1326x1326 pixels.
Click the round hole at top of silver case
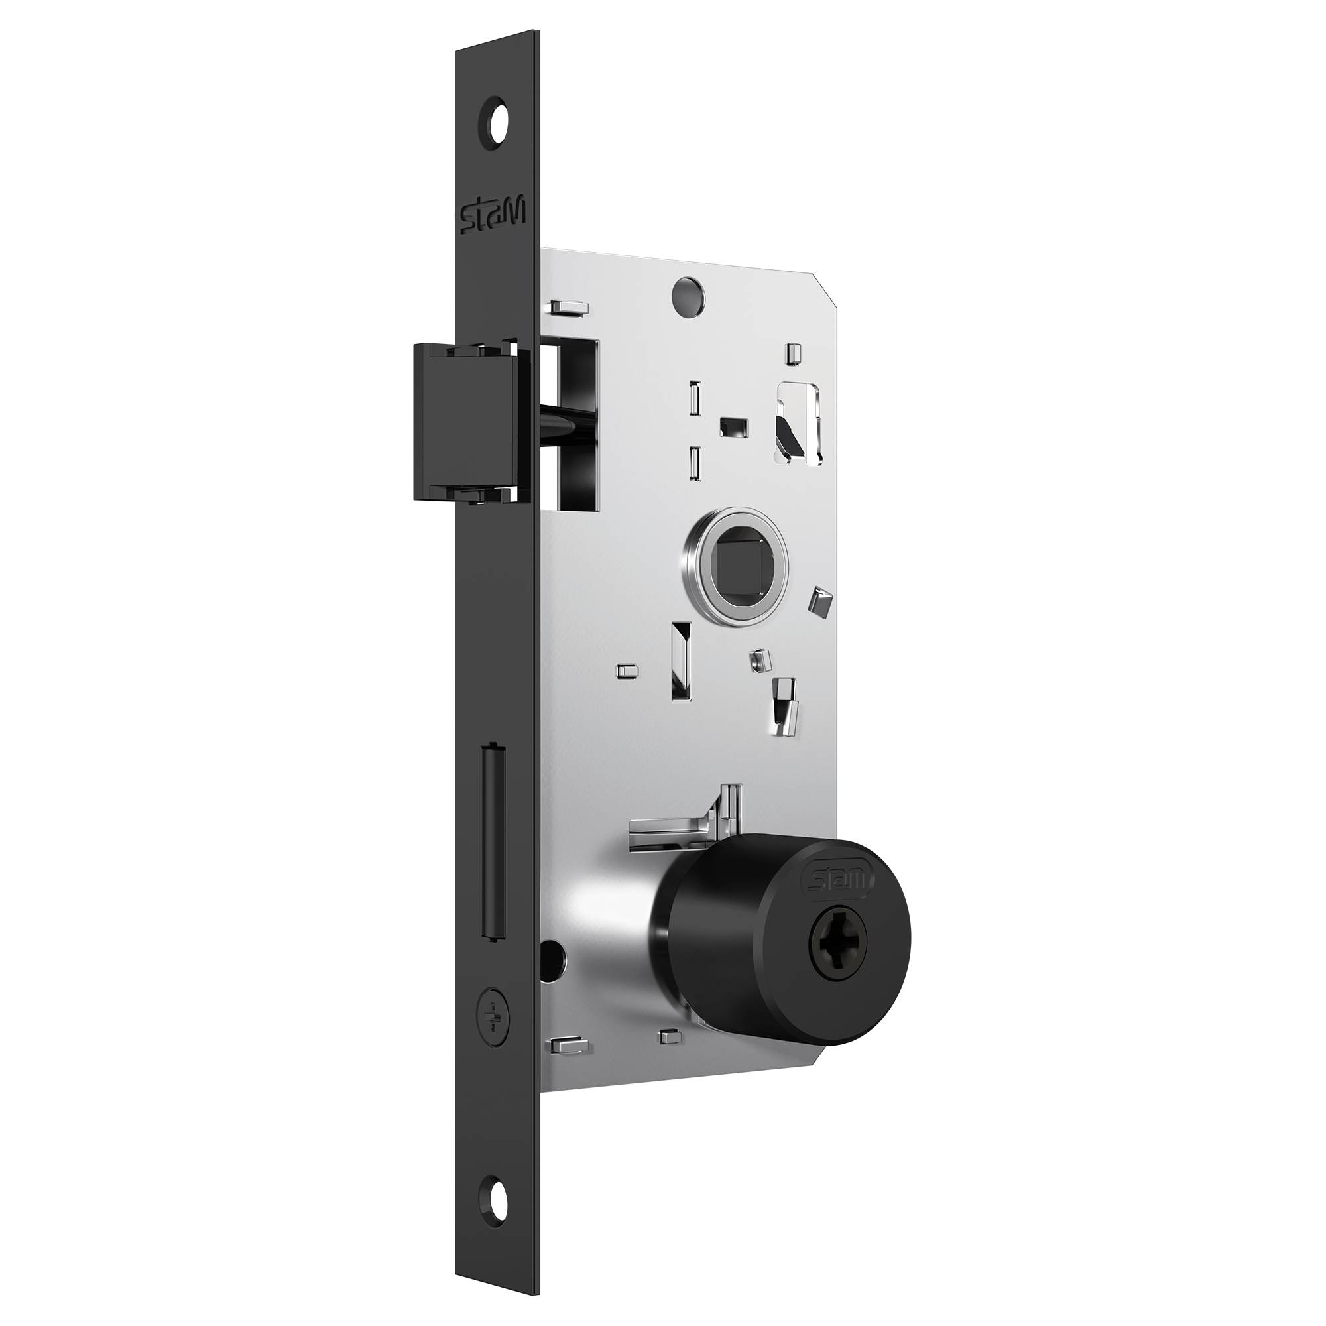(688, 292)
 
